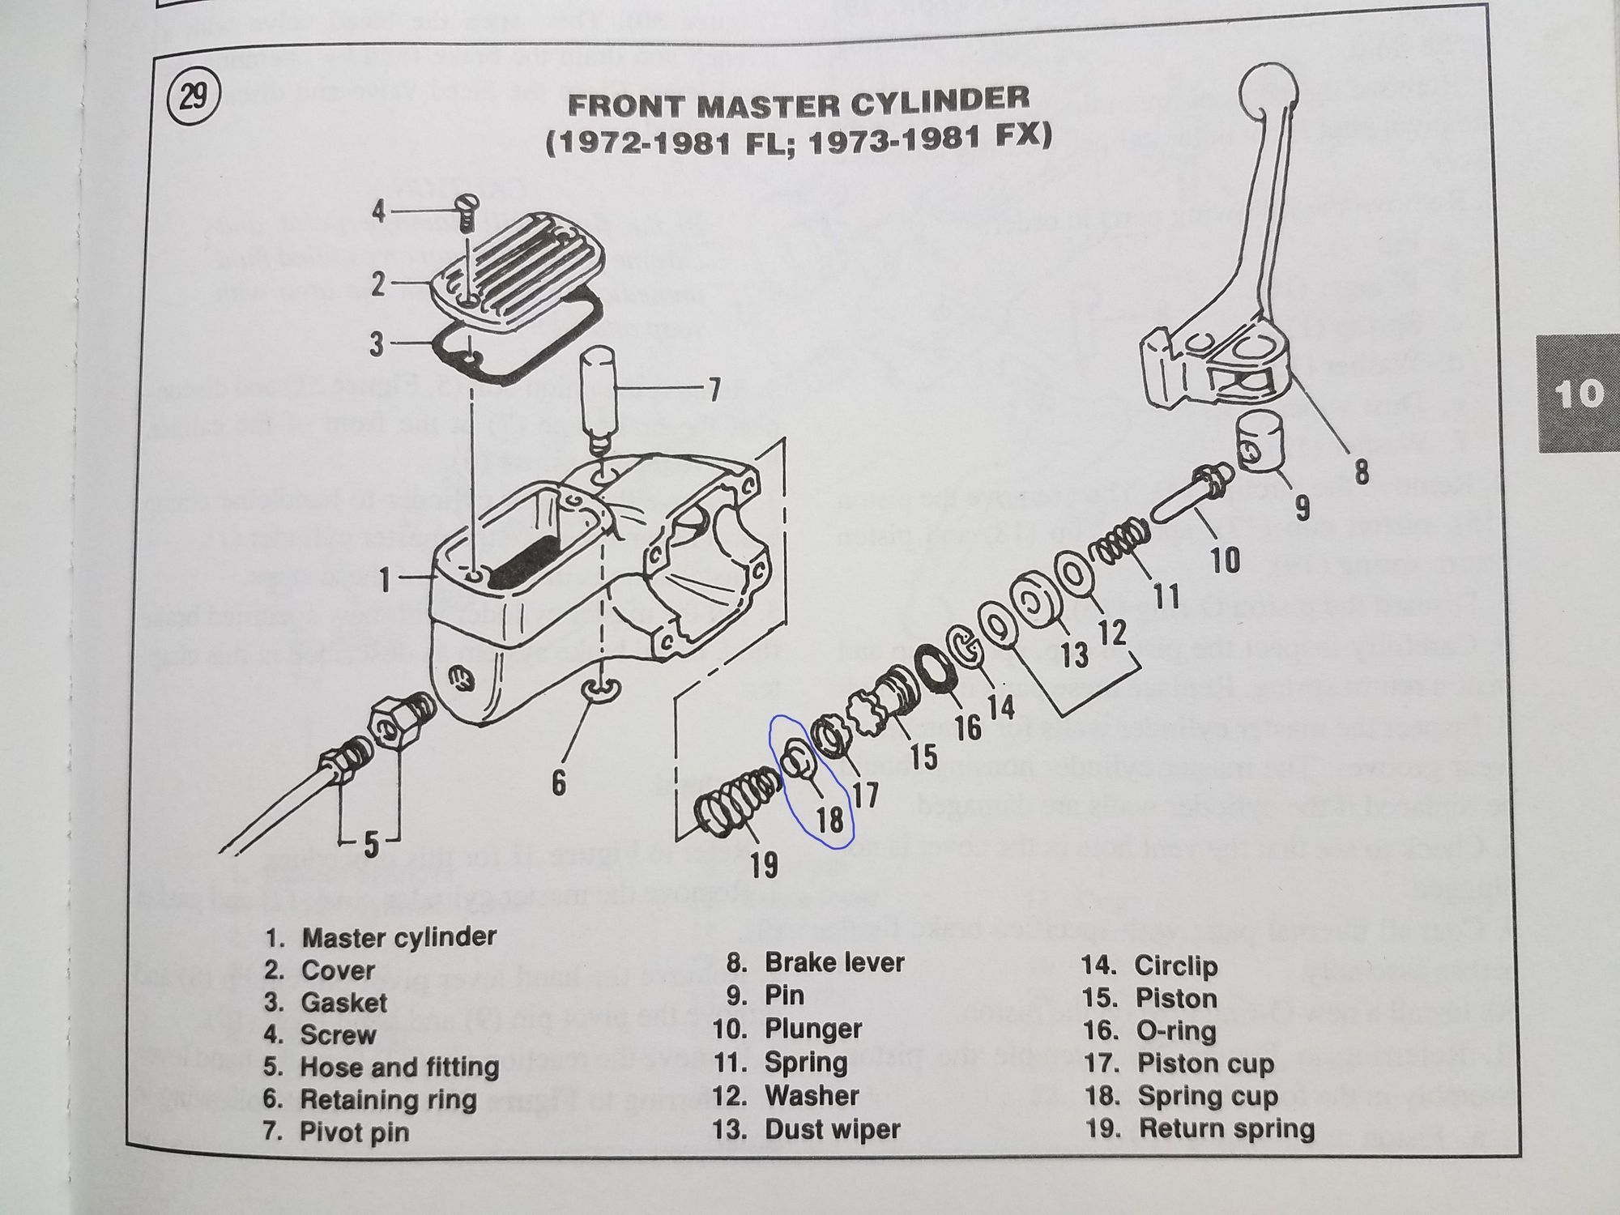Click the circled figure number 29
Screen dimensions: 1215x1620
(193, 100)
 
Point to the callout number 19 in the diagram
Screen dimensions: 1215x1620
(763, 864)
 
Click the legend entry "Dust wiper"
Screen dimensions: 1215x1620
(832, 1129)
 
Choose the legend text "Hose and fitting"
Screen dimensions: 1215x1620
(399, 1067)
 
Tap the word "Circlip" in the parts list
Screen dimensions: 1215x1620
(1175, 966)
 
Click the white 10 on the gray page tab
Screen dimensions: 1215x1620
(1578, 394)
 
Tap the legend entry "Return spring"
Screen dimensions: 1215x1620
(1226, 1128)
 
